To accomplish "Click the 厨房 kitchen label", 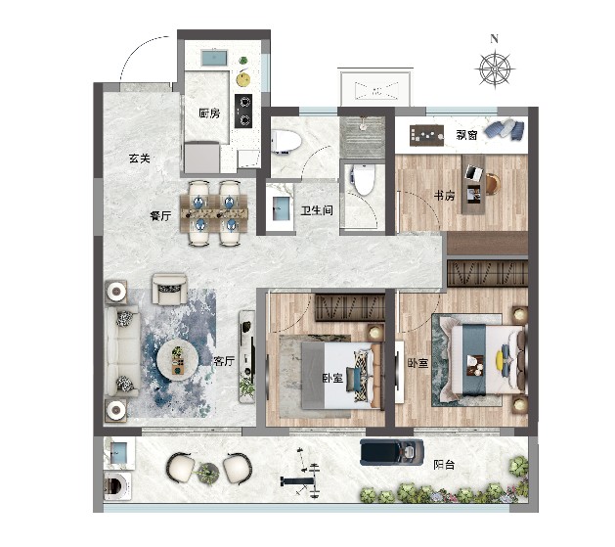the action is click(209, 114).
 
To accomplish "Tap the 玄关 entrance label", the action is click(140, 159).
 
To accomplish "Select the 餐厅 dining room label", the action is click(160, 215).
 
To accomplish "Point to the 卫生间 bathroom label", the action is click(317, 210).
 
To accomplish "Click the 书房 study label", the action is click(444, 195).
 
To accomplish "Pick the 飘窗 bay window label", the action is click(466, 135).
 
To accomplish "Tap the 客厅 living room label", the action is click(224, 361).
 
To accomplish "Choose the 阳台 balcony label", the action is click(444, 465).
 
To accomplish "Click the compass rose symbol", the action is click(495, 69).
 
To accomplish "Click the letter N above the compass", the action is click(494, 39).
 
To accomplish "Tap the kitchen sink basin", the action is click(214, 59).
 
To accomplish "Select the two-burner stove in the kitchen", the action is click(243, 111).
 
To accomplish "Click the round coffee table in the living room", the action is click(177, 359).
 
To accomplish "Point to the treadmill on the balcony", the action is click(392, 452).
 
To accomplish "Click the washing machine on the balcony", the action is click(117, 486).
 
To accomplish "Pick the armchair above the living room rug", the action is click(169, 290).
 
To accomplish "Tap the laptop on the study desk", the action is click(474, 172).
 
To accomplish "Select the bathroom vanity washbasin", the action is click(281, 208).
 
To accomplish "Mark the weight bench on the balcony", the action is click(299, 480).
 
